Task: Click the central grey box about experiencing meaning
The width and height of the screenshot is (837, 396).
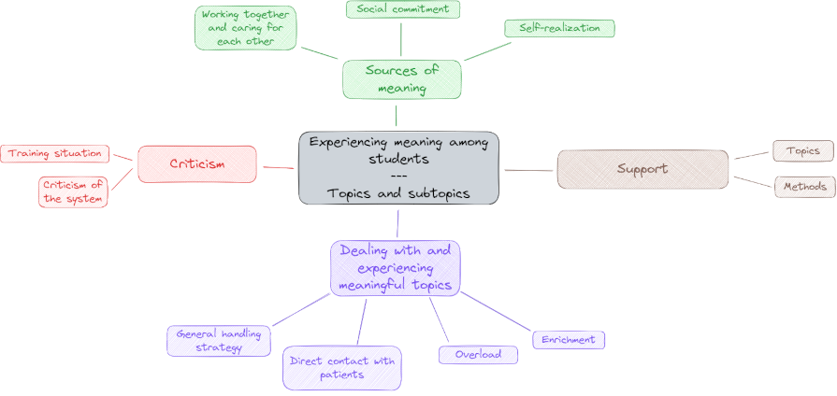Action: point(398,168)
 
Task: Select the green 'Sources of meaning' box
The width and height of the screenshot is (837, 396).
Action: point(402,79)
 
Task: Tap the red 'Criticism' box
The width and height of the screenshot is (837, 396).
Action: point(196,164)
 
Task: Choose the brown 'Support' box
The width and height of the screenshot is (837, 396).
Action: point(642,169)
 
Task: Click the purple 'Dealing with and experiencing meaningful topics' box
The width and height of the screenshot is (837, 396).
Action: point(395,267)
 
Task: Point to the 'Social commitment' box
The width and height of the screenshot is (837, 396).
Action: point(402,9)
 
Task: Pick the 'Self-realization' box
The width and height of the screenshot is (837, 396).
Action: point(559,28)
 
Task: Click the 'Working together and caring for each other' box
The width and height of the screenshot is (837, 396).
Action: point(246,28)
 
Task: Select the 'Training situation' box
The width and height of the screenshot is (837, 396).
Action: point(55,153)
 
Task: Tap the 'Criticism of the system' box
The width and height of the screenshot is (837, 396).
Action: point(73,191)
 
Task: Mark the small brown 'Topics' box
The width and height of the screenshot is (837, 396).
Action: point(802,150)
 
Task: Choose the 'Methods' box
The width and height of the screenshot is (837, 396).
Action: point(804,187)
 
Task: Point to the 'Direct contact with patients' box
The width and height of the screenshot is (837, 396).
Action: point(341,368)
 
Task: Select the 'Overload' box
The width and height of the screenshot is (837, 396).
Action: point(478,355)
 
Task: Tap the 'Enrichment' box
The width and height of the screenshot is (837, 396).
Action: point(569,340)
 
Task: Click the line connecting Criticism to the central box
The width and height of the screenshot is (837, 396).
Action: point(278,167)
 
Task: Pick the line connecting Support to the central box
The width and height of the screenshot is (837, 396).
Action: point(528,170)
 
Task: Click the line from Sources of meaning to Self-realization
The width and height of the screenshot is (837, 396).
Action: point(487,49)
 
